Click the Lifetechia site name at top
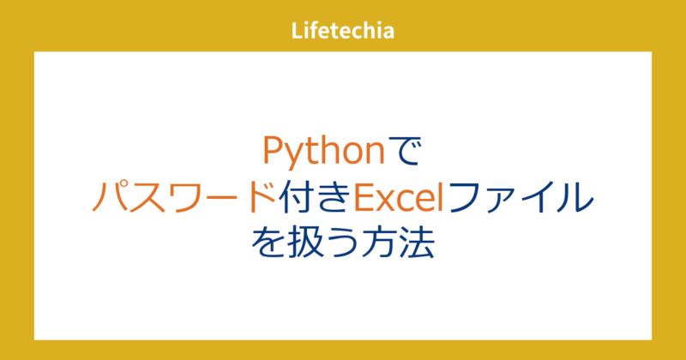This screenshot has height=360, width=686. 342,33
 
